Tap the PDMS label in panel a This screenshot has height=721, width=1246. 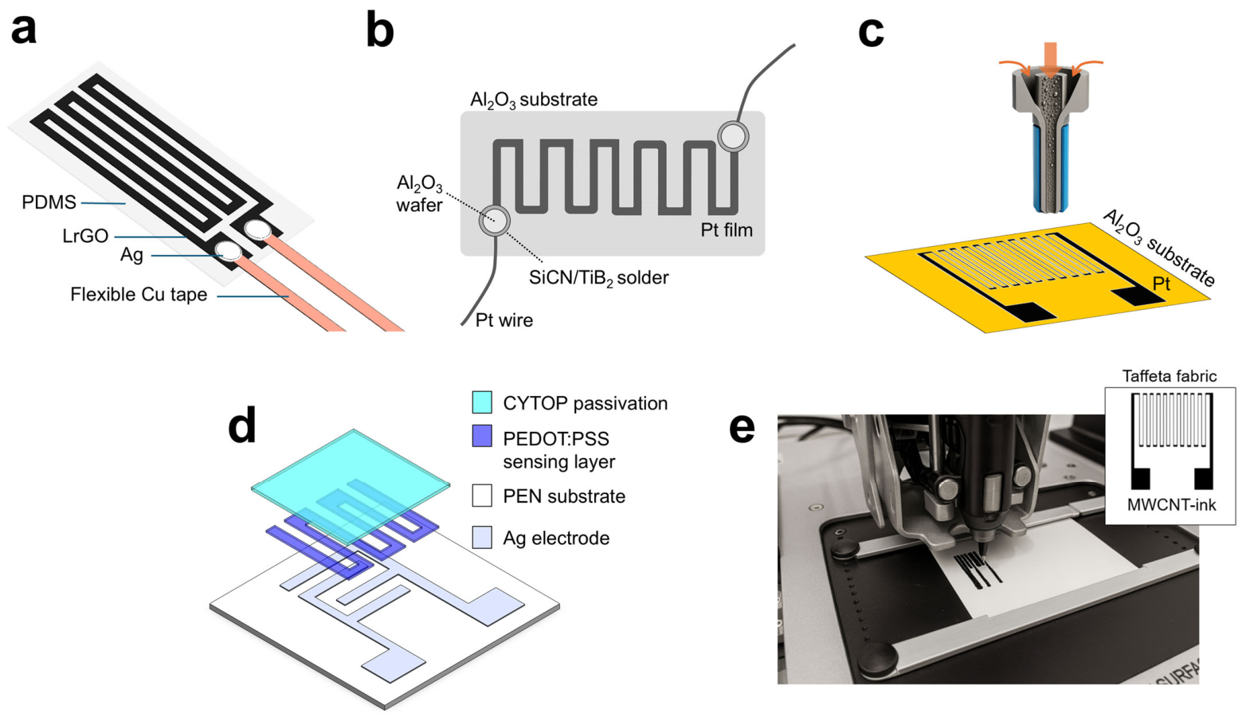click(49, 202)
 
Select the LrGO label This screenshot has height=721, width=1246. click(85, 236)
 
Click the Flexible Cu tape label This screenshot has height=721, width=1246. click(139, 294)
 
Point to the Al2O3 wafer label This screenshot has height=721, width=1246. click(419, 194)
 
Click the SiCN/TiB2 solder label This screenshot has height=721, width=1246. click(598, 277)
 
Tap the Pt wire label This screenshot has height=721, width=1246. click(504, 320)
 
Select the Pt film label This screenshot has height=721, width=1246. click(727, 229)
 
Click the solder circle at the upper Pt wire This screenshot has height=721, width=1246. click(733, 136)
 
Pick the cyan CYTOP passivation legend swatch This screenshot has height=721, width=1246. click(482, 402)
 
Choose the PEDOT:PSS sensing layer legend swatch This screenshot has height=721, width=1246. click(482, 436)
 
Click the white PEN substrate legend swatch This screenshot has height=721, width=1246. click(482, 495)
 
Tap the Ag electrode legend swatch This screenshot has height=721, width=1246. click(482, 538)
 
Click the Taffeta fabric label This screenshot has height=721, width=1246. click(1170, 377)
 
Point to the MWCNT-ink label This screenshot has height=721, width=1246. click(1171, 505)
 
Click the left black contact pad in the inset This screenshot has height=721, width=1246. click(1140, 479)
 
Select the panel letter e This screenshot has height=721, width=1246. click(742, 429)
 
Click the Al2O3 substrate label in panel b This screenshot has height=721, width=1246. click(534, 100)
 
